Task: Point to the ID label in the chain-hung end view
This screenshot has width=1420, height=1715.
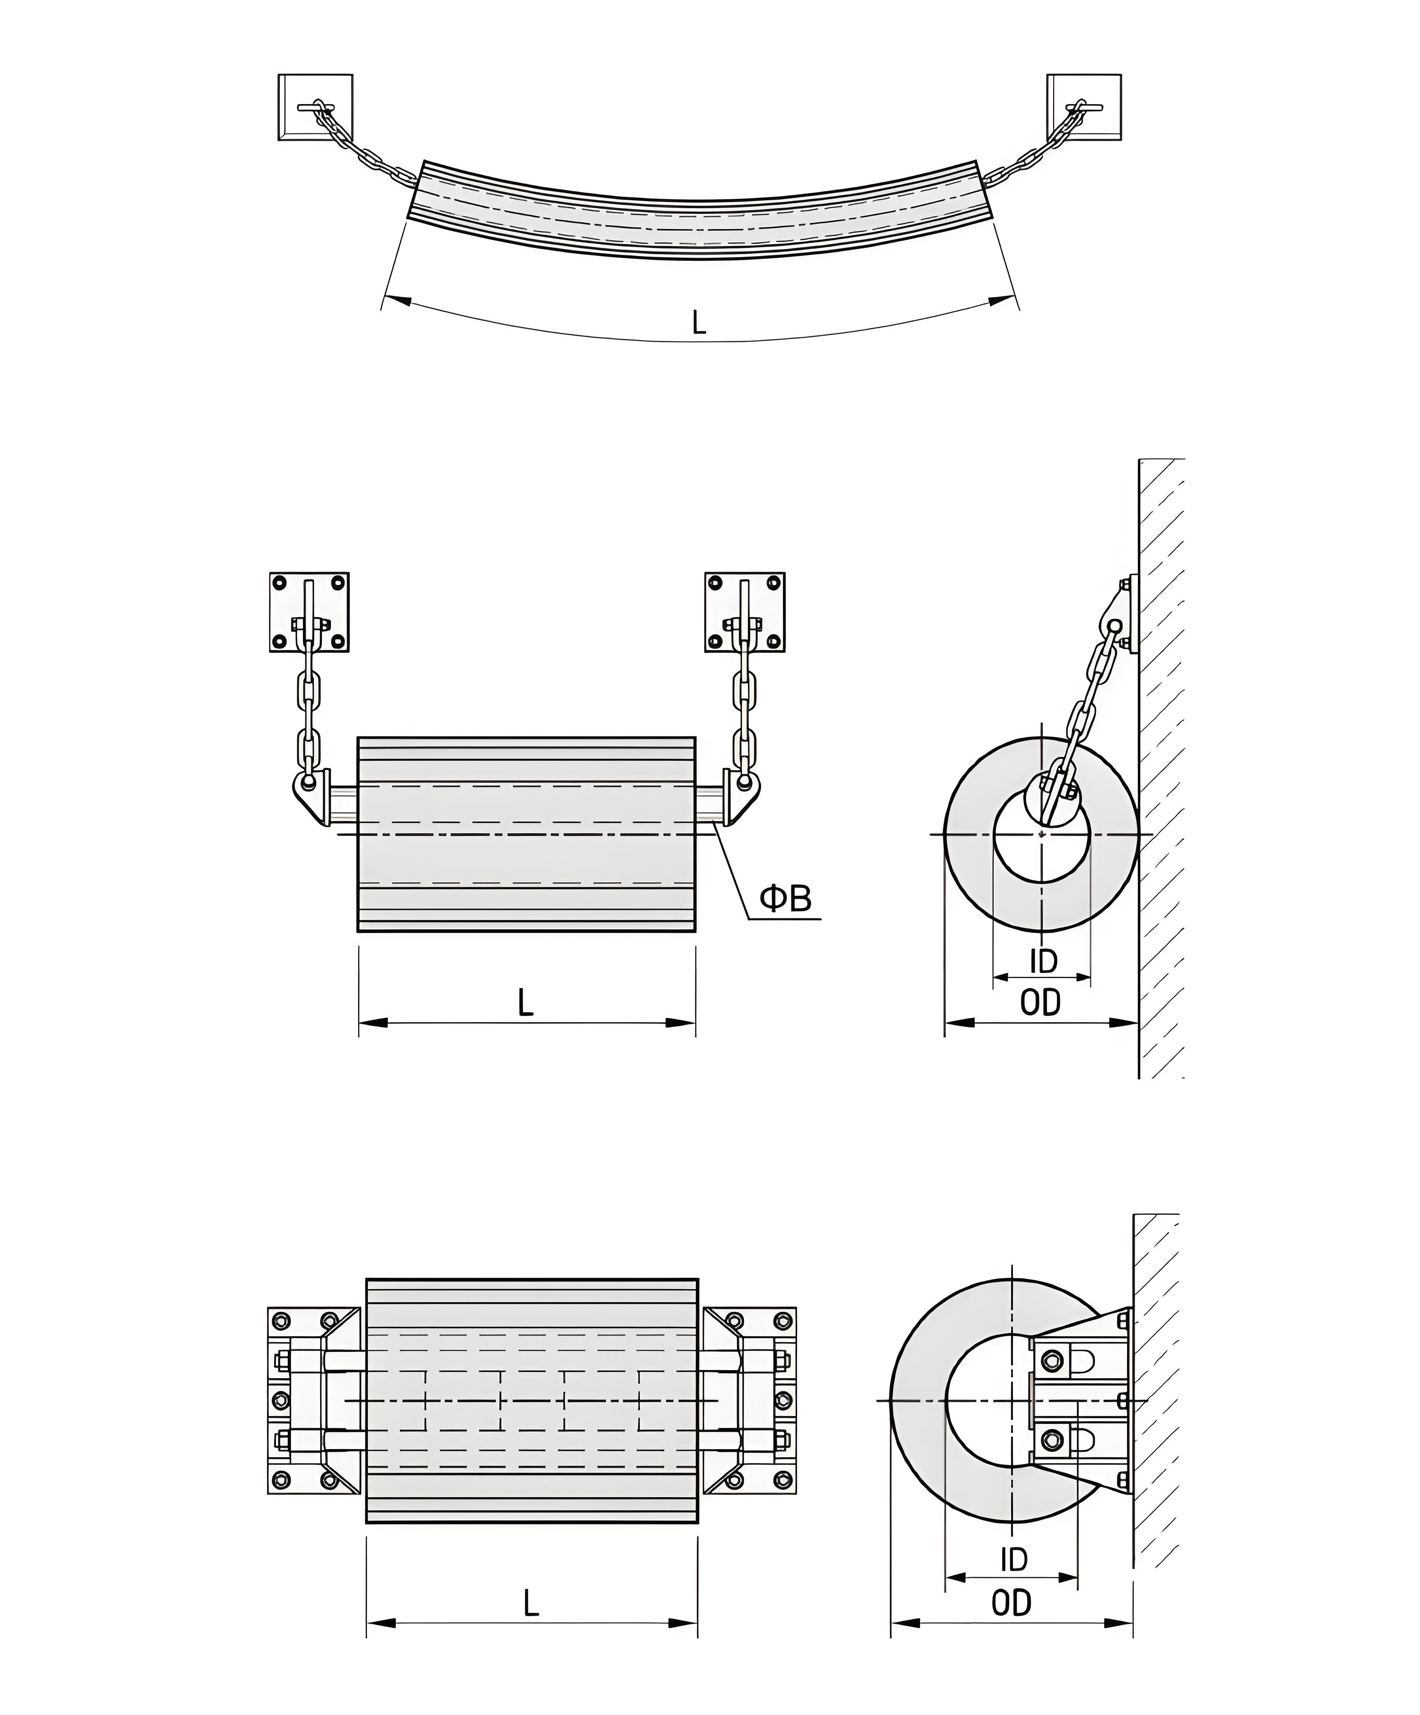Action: point(1043,961)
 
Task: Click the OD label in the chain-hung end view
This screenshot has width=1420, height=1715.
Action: point(1040,1003)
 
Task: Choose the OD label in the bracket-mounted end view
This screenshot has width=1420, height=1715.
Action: point(1012,1603)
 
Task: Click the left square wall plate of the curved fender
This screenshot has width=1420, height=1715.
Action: point(315,107)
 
